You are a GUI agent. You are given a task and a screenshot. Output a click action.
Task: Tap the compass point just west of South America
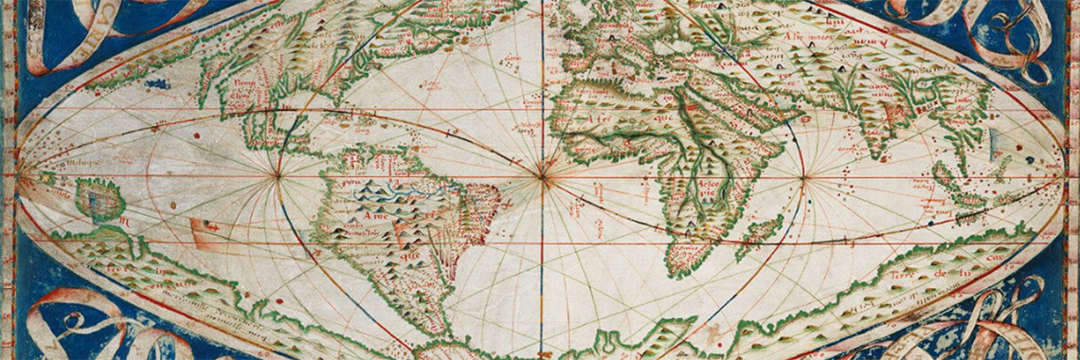tap(278, 175)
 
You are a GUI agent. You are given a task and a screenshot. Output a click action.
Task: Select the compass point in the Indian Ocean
tap(803, 176)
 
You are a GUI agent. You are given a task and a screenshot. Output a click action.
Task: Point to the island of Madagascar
tap(755, 238)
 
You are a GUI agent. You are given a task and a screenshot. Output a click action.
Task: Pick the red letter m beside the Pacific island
tap(122, 222)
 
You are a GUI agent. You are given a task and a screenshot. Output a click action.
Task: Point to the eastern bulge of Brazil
tap(493, 199)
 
